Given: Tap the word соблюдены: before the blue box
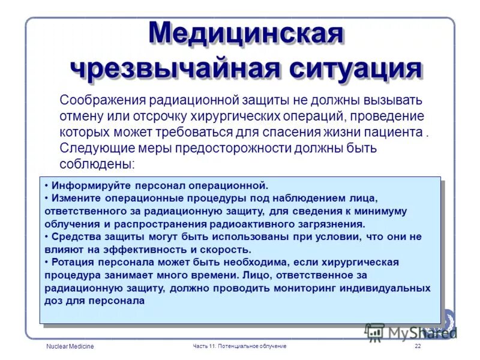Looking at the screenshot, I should (x=97, y=163).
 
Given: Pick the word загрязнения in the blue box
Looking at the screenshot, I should (x=334, y=223).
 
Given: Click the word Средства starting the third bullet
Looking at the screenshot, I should (x=74, y=236).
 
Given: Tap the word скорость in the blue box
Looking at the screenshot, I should (x=227, y=249).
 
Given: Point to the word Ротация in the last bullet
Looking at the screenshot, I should (x=72, y=262).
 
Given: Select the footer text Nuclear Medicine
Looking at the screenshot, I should (x=70, y=347).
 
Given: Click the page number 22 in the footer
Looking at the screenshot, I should (x=418, y=347).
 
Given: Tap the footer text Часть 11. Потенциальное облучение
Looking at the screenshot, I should (x=239, y=347).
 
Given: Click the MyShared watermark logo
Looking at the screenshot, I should (x=411, y=332).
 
